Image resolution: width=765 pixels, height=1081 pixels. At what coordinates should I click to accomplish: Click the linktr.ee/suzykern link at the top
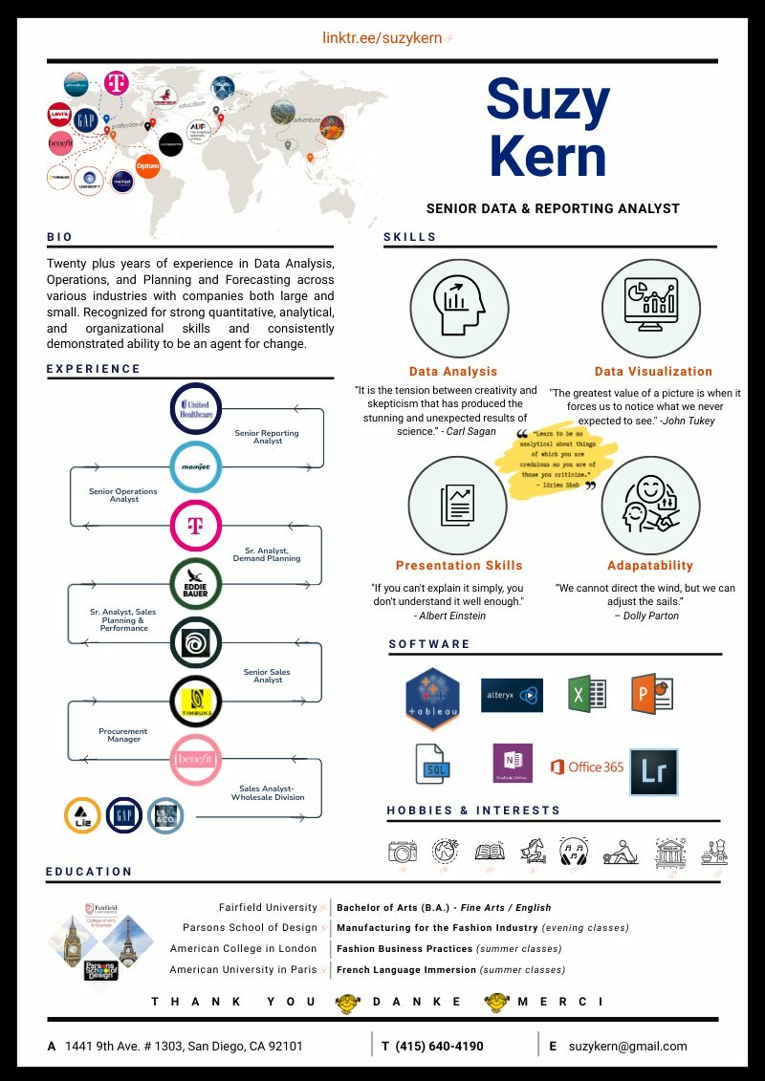click(382, 39)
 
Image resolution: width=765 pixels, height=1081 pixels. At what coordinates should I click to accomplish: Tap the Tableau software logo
click(432, 698)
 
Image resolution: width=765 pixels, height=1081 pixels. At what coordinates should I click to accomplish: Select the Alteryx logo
click(512, 695)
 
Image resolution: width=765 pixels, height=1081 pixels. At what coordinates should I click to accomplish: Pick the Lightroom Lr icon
click(653, 772)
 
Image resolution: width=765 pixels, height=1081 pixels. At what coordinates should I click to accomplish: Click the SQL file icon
click(433, 764)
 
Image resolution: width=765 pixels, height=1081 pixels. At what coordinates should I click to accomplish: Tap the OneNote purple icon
click(512, 764)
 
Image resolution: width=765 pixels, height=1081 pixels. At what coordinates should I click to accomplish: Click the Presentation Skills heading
click(459, 565)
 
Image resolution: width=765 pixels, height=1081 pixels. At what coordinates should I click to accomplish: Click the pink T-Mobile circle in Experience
click(196, 526)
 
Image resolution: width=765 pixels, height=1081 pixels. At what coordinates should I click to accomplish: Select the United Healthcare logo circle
click(196, 409)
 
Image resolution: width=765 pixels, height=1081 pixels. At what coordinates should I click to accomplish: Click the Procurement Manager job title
click(124, 735)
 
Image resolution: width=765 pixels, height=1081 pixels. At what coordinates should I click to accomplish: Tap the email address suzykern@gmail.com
click(627, 1046)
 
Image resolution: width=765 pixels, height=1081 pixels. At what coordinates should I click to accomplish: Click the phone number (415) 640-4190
click(439, 1046)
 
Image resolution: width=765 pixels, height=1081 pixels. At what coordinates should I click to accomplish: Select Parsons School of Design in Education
click(250, 927)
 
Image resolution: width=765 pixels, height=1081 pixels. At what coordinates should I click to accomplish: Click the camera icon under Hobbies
click(403, 852)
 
